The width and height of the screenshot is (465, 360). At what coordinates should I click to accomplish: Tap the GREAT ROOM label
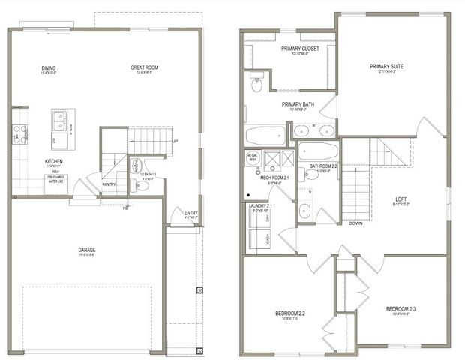click(144, 68)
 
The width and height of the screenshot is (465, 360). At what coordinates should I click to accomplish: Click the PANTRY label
click(109, 182)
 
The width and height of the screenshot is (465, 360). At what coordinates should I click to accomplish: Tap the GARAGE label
click(89, 251)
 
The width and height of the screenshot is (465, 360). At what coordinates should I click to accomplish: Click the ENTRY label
click(191, 213)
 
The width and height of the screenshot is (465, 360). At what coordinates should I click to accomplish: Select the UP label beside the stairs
click(174, 141)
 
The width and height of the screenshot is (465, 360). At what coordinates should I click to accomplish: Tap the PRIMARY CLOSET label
click(300, 49)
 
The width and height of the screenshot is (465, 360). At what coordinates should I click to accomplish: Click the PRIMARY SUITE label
click(386, 66)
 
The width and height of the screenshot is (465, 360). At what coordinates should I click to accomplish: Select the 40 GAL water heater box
click(251, 160)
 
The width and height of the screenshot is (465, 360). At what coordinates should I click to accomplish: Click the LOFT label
click(401, 199)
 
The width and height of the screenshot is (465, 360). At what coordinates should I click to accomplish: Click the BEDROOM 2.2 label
click(289, 313)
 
